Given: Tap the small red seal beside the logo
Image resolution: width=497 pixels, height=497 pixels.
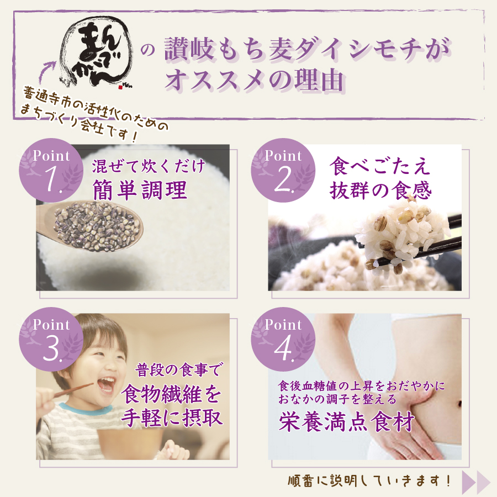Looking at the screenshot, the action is tap(120, 87).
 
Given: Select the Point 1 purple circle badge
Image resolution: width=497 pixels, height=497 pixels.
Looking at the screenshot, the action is tap(51, 170).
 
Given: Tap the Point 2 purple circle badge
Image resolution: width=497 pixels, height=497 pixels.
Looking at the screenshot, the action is tap(283, 170).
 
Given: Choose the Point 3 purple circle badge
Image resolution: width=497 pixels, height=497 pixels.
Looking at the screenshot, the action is tap(51, 339).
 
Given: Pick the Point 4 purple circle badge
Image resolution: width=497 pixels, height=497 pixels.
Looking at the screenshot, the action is tap(283, 339).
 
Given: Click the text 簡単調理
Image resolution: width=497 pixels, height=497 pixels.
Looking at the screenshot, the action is tap(140, 190).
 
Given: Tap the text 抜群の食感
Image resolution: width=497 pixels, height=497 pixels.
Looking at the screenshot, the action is tap(380, 190).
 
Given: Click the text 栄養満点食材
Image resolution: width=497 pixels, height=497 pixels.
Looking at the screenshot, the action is tap(347, 421).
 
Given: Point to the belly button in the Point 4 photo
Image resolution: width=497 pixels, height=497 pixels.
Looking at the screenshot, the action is tap(459, 404).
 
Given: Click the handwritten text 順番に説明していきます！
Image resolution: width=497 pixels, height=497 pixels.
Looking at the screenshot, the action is tap(369, 480).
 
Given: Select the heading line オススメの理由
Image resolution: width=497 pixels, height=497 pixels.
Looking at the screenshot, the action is tap(254, 80).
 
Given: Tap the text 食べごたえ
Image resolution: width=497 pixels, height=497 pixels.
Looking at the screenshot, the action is tap(380, 166).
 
